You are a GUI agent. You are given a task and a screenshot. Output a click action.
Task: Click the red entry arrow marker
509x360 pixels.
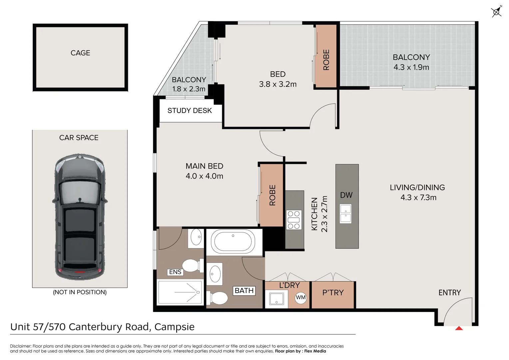[459, 328]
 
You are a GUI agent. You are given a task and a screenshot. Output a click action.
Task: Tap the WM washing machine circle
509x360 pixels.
[300, 297]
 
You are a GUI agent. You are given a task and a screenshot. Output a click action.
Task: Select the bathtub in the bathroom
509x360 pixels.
[233, 242]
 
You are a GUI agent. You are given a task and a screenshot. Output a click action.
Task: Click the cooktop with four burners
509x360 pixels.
[294, 220]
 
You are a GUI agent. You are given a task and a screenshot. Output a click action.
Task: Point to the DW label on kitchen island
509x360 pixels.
[346, 195]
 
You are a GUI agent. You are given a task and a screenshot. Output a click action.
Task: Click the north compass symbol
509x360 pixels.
[496, 12]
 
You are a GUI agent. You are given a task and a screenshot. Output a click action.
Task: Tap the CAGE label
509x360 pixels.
[80, 53]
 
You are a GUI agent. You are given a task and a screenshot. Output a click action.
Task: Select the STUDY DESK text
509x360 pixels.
[190, 111]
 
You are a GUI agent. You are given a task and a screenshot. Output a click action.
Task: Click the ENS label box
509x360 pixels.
[175, 272]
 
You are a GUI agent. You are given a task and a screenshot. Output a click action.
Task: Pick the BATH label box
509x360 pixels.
[244, 291]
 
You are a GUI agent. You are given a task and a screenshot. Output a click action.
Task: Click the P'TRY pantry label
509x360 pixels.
[333, 293]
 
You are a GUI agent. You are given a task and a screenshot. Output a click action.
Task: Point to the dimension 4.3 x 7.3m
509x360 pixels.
[418, 198]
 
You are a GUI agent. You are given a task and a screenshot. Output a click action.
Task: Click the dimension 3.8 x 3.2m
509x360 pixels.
[278, 84]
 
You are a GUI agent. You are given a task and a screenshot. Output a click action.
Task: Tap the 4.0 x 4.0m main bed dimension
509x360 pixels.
[204, 176]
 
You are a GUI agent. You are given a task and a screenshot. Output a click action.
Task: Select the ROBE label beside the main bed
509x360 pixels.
[272, 195]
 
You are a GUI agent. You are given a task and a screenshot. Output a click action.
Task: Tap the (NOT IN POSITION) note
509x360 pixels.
[80, 292]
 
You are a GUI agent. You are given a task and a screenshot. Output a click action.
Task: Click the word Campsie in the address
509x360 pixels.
[174, 327]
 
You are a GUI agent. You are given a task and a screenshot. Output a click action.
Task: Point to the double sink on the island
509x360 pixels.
[346, 214]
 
